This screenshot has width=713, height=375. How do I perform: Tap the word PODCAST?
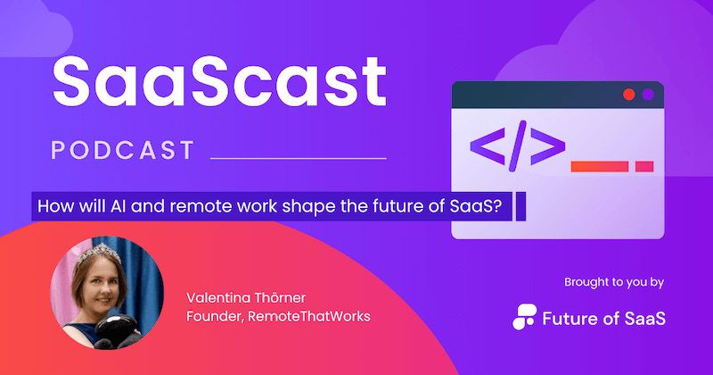coord(123,150)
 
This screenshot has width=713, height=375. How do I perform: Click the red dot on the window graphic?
coord(629,94)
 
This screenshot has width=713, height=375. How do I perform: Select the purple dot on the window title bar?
coord(649,94)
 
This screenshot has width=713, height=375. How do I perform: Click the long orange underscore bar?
coord(599,165)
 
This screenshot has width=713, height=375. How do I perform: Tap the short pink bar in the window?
coord(644,165)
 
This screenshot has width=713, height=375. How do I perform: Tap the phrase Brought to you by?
coord(614,283)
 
